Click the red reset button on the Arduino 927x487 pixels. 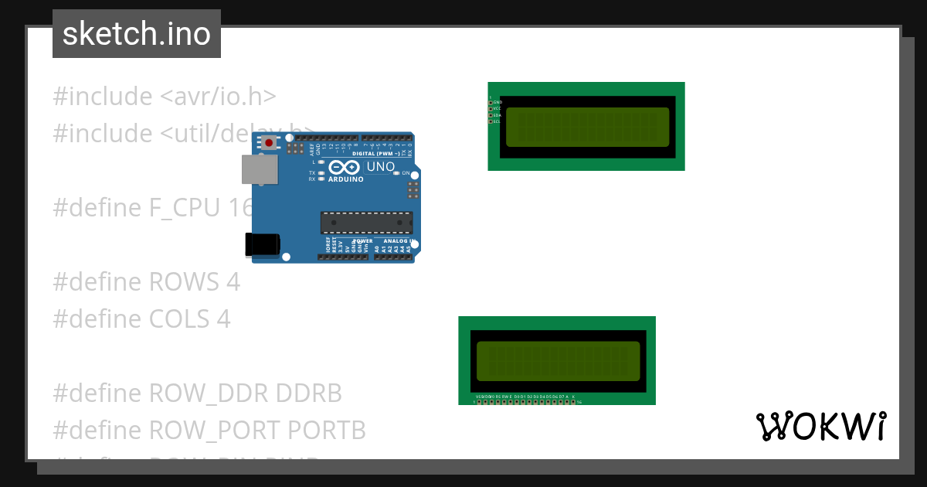pos(269,142)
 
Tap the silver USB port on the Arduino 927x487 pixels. pos(260,169)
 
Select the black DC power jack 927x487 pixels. pos(262,243)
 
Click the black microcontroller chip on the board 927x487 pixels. pos(366,222)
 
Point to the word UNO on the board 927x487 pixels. pos(380,167)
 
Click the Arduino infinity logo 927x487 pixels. pos(343,167)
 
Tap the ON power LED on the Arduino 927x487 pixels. pos(396,173)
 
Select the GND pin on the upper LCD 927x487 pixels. pos(490,102)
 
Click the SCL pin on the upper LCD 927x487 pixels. pos(490,121)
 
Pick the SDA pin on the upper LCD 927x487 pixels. pos(490,115)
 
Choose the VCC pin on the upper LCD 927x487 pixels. pos(490,108)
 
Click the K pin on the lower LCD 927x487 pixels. pos(573,401)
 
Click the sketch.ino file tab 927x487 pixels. pos(137,34)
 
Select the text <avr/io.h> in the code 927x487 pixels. pos(218,97)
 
